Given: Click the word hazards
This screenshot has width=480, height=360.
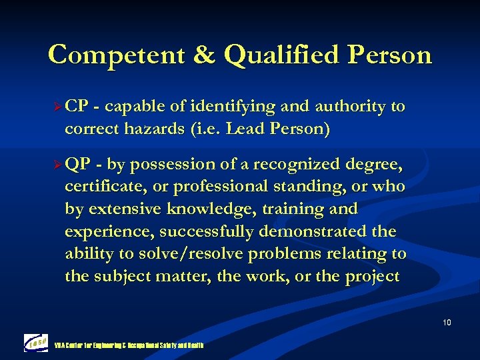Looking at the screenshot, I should [160, 129].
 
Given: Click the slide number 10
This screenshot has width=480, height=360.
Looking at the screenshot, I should [446, 323].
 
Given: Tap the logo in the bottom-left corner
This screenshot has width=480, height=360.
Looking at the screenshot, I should [36, 341].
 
